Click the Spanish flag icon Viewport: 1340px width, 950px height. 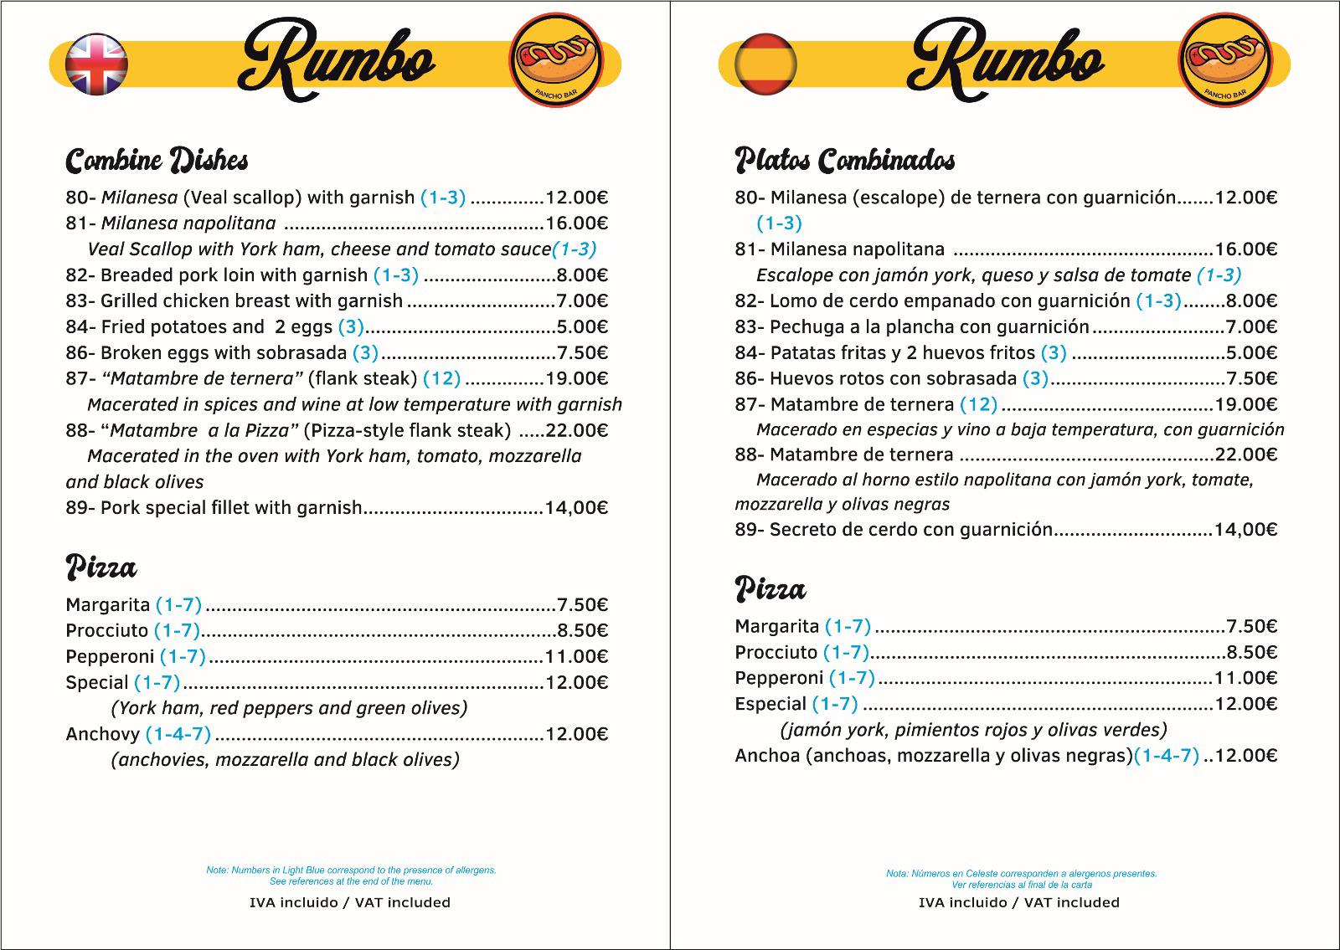tap(765, 64)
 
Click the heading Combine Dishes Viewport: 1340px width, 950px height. tap(157, 160)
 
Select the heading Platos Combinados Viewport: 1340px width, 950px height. tap(844, 160)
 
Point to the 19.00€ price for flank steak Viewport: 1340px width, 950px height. tap(576, 378)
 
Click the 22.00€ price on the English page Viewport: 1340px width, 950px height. tap(576, 430)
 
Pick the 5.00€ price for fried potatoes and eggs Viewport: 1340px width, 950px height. tap(583, 326)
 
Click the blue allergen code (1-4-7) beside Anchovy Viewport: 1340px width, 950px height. tap(178, 734)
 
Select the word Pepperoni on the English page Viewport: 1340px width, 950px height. tap(110, 656)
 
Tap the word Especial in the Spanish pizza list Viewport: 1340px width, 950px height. tap(770, 704)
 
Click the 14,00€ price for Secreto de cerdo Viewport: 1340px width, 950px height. tap(1245, 529)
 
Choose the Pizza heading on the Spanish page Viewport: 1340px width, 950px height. tap(770, 590)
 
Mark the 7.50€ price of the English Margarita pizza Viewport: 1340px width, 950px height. tap(583, 604)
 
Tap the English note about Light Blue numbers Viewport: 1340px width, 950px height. tap(351, 876)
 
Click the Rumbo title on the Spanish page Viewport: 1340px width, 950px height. tap(1005, 63)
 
